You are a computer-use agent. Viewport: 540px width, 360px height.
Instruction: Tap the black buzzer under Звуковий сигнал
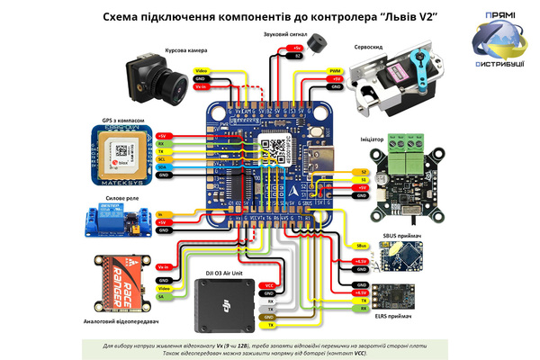click(315, 45)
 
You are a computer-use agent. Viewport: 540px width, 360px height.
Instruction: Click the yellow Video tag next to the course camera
click(202, 70)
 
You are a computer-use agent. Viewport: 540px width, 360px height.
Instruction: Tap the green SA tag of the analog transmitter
click(162, 296)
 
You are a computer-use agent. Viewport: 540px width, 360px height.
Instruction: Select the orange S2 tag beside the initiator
click(363, 171)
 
